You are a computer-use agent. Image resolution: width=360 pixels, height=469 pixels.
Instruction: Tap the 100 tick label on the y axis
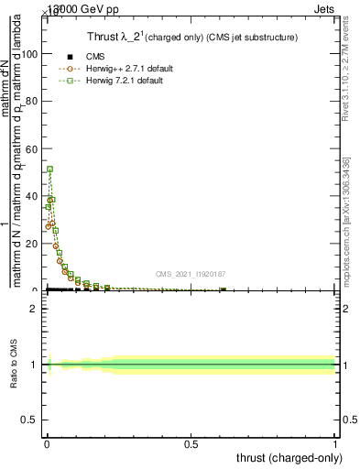click(x=29, y=53)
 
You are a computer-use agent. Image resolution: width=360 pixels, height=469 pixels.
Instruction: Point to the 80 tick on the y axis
click(x=32, y=101)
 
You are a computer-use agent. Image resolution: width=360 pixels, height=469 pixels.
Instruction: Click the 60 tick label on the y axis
click(x=32, y=148)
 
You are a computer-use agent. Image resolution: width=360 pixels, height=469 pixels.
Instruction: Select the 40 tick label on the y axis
click(x=32, y=196)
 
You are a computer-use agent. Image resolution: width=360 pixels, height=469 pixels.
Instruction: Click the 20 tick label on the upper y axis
click(x=32, y=244)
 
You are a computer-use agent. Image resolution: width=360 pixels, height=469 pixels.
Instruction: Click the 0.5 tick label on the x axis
click(x=191, y=445)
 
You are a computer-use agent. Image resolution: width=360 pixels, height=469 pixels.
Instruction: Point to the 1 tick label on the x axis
click(x=335, y=445)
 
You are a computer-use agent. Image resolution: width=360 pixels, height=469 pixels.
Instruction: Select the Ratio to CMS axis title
click(x=15, y=365)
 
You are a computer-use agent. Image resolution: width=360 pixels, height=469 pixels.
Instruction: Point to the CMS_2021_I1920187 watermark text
click(x=191, y=274)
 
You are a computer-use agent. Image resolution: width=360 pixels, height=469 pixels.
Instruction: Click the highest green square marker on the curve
click(x=50, y=169)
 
